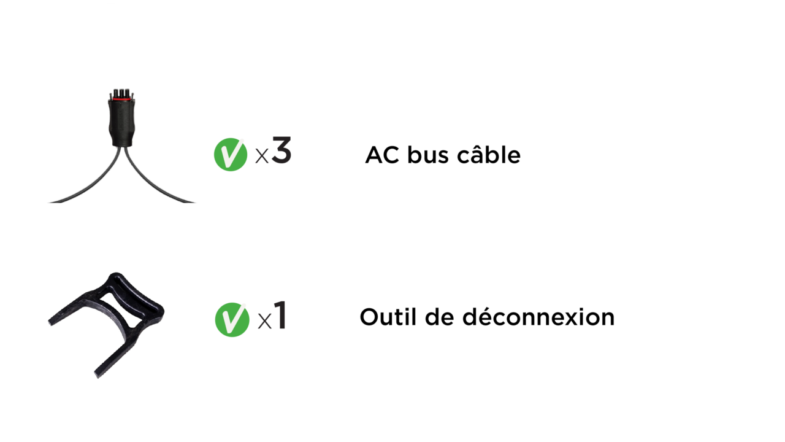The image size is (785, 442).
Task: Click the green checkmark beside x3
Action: pos(230,154)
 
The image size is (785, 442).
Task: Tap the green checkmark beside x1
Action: pos(232,320)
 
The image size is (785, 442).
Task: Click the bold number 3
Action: pos(281,150)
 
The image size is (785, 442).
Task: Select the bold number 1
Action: pos(281,315)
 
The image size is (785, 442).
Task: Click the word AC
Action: pos(382,155)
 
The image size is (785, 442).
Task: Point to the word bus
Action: pos(427,155)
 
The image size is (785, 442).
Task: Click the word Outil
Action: pos(388,317)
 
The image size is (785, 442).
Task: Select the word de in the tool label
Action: pos(440,317)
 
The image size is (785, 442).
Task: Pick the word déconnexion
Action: pos(538,317)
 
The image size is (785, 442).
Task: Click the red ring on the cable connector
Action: pos(122,99)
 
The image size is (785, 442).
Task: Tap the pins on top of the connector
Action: pos(121,93)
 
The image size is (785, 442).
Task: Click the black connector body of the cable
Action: pos(121,123)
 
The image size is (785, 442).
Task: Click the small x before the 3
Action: pos(262,156)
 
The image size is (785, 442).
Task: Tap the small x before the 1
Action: pos(264,321)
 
